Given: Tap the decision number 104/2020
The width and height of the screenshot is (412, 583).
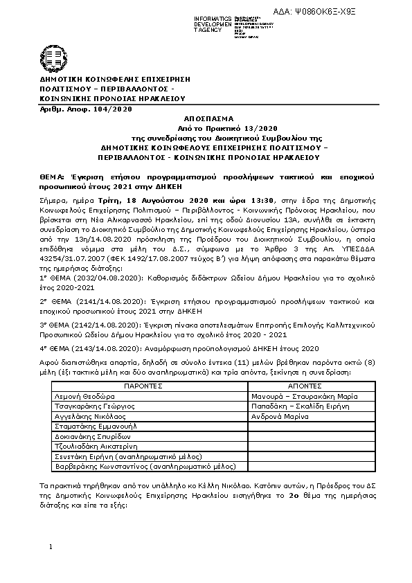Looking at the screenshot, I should [x=111, y=109].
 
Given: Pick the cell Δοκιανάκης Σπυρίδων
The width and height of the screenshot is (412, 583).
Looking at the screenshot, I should [x=81, y=438].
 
